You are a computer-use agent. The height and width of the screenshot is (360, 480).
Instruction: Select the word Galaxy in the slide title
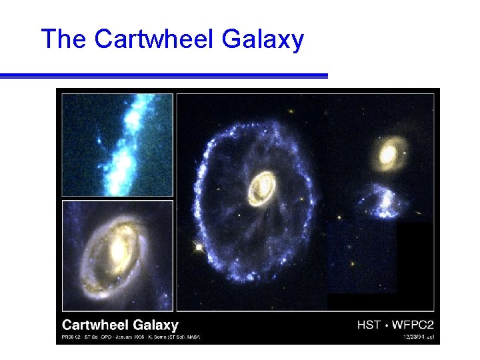(x=263, y=40)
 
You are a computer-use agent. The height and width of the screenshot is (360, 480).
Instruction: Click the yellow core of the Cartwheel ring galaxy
(x=261, y=187)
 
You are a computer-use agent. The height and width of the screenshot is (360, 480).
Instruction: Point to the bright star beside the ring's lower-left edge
(x=198, y=247)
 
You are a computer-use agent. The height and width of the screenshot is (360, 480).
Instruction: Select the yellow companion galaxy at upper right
(x=387, y=154)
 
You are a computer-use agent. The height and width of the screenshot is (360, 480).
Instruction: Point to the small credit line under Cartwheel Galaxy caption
(x=131, y=337)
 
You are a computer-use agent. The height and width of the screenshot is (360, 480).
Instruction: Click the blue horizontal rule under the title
(x=164, y=76)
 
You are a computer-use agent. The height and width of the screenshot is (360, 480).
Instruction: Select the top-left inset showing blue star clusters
(x=117, y=144)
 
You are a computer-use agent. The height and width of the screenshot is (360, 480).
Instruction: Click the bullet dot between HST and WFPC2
(x=385, y=325)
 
